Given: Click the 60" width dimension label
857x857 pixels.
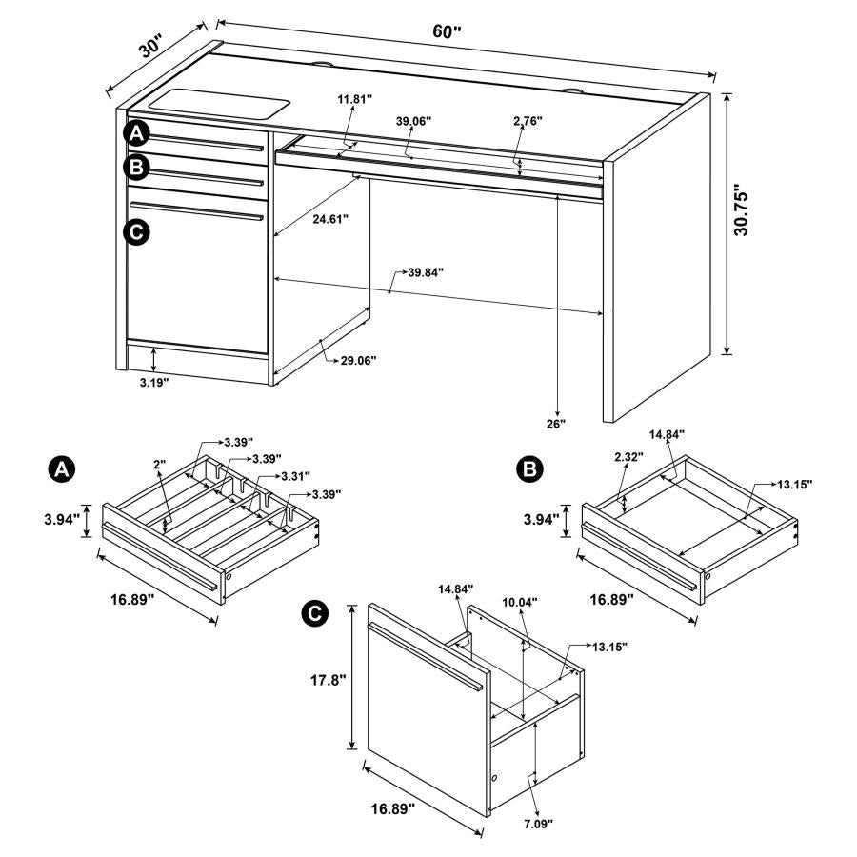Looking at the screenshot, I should point(446,30).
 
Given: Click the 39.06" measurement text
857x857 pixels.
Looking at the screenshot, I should point(414,121).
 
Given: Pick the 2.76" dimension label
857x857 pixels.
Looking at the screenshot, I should point(527,121).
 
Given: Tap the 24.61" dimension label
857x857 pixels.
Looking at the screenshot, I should point(329,219).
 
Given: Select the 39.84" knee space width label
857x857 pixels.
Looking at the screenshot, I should point(426,272).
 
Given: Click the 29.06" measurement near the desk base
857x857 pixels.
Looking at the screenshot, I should point(358,360).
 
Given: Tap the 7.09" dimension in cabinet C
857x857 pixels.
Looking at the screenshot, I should point(538,822).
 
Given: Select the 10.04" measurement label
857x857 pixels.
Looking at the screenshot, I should point(520,602).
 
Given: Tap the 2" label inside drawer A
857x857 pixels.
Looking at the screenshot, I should point(159,464).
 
